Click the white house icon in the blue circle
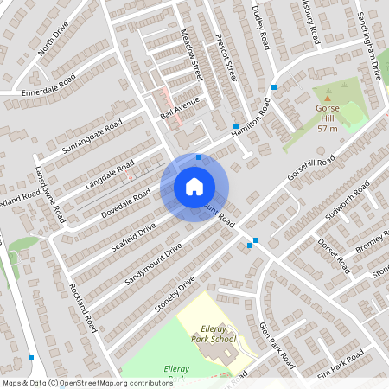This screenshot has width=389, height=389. click(194, 186)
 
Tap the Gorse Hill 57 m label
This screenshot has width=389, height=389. click(327, 118)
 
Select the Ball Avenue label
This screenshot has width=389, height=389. click(180, 108)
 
